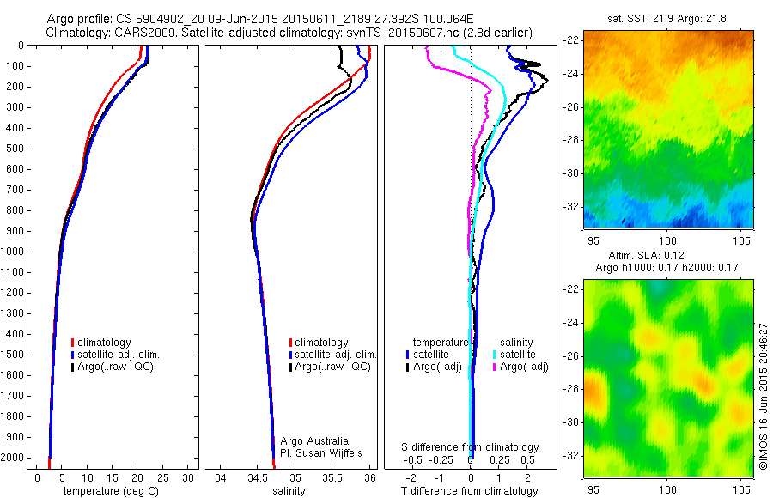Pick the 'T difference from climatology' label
[x=471, y=490]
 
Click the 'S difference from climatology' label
[x=471, y=447]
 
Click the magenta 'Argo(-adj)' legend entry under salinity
[x=523, y=367]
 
